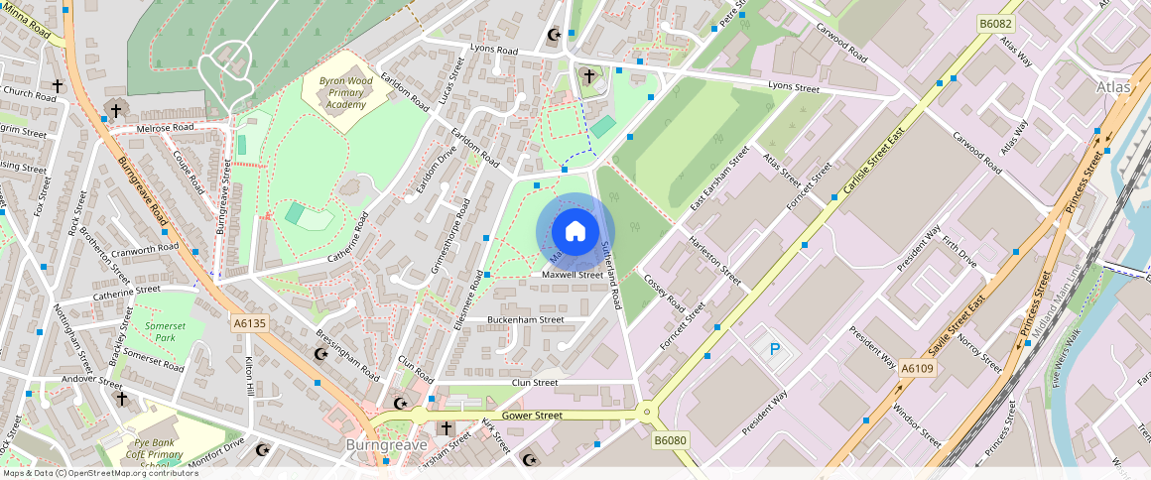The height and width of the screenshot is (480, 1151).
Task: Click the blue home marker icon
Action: pos(575,232)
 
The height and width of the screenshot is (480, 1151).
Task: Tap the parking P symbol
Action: pos(774,350)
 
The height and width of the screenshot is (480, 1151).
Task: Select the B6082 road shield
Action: pos(995,23)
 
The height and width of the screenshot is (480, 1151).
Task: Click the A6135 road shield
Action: pos(249,323)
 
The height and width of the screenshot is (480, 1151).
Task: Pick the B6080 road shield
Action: pos(670,440)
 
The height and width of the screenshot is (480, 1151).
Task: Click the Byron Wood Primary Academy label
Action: pos(345,92)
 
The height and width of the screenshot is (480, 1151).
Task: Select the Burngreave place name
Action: pos(386,445)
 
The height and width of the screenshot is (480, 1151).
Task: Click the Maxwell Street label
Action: pos(573,275)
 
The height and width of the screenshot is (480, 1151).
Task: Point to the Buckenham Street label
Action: pos(525,320)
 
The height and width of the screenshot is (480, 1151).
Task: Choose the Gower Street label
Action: pos(532,416)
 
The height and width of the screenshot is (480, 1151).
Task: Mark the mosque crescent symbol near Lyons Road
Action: pos(555,36)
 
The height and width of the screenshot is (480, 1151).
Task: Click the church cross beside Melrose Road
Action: pos(116,110)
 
